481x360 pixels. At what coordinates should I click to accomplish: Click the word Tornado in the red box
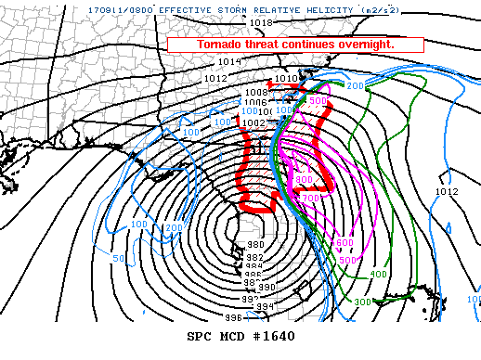[x=223, y=45]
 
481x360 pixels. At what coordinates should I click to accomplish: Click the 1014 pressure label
[x=230, y=62]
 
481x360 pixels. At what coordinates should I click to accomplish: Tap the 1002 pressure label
[x=254, y=122]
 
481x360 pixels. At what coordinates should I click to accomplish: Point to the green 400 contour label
[x=378, y=275]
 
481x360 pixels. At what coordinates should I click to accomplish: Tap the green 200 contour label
[x=356, y=85]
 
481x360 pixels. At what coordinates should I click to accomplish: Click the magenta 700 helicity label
[x=310, y=198]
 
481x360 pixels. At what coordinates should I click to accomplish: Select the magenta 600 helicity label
[x=344, y=243]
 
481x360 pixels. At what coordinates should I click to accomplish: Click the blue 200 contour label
[x=174, y=228]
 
